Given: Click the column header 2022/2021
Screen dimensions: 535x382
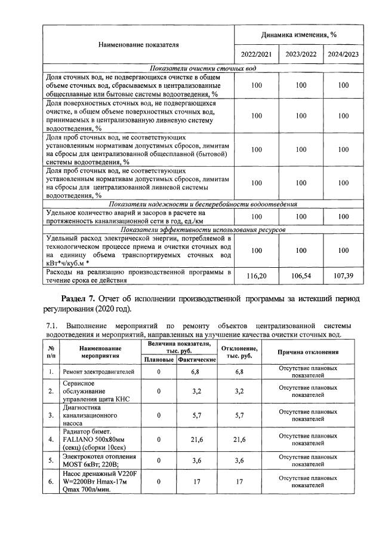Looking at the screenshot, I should [x=256, y=54].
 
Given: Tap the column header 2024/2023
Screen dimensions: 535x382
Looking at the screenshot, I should [x=343, y=54].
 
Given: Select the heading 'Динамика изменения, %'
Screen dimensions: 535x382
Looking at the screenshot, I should [x=300, y=35].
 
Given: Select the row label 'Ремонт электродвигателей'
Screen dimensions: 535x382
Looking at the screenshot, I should [x=98, y=372].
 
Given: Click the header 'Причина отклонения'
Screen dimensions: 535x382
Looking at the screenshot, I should [x=308, y=351].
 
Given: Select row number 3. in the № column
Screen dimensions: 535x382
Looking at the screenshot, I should [x=51, y=414].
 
